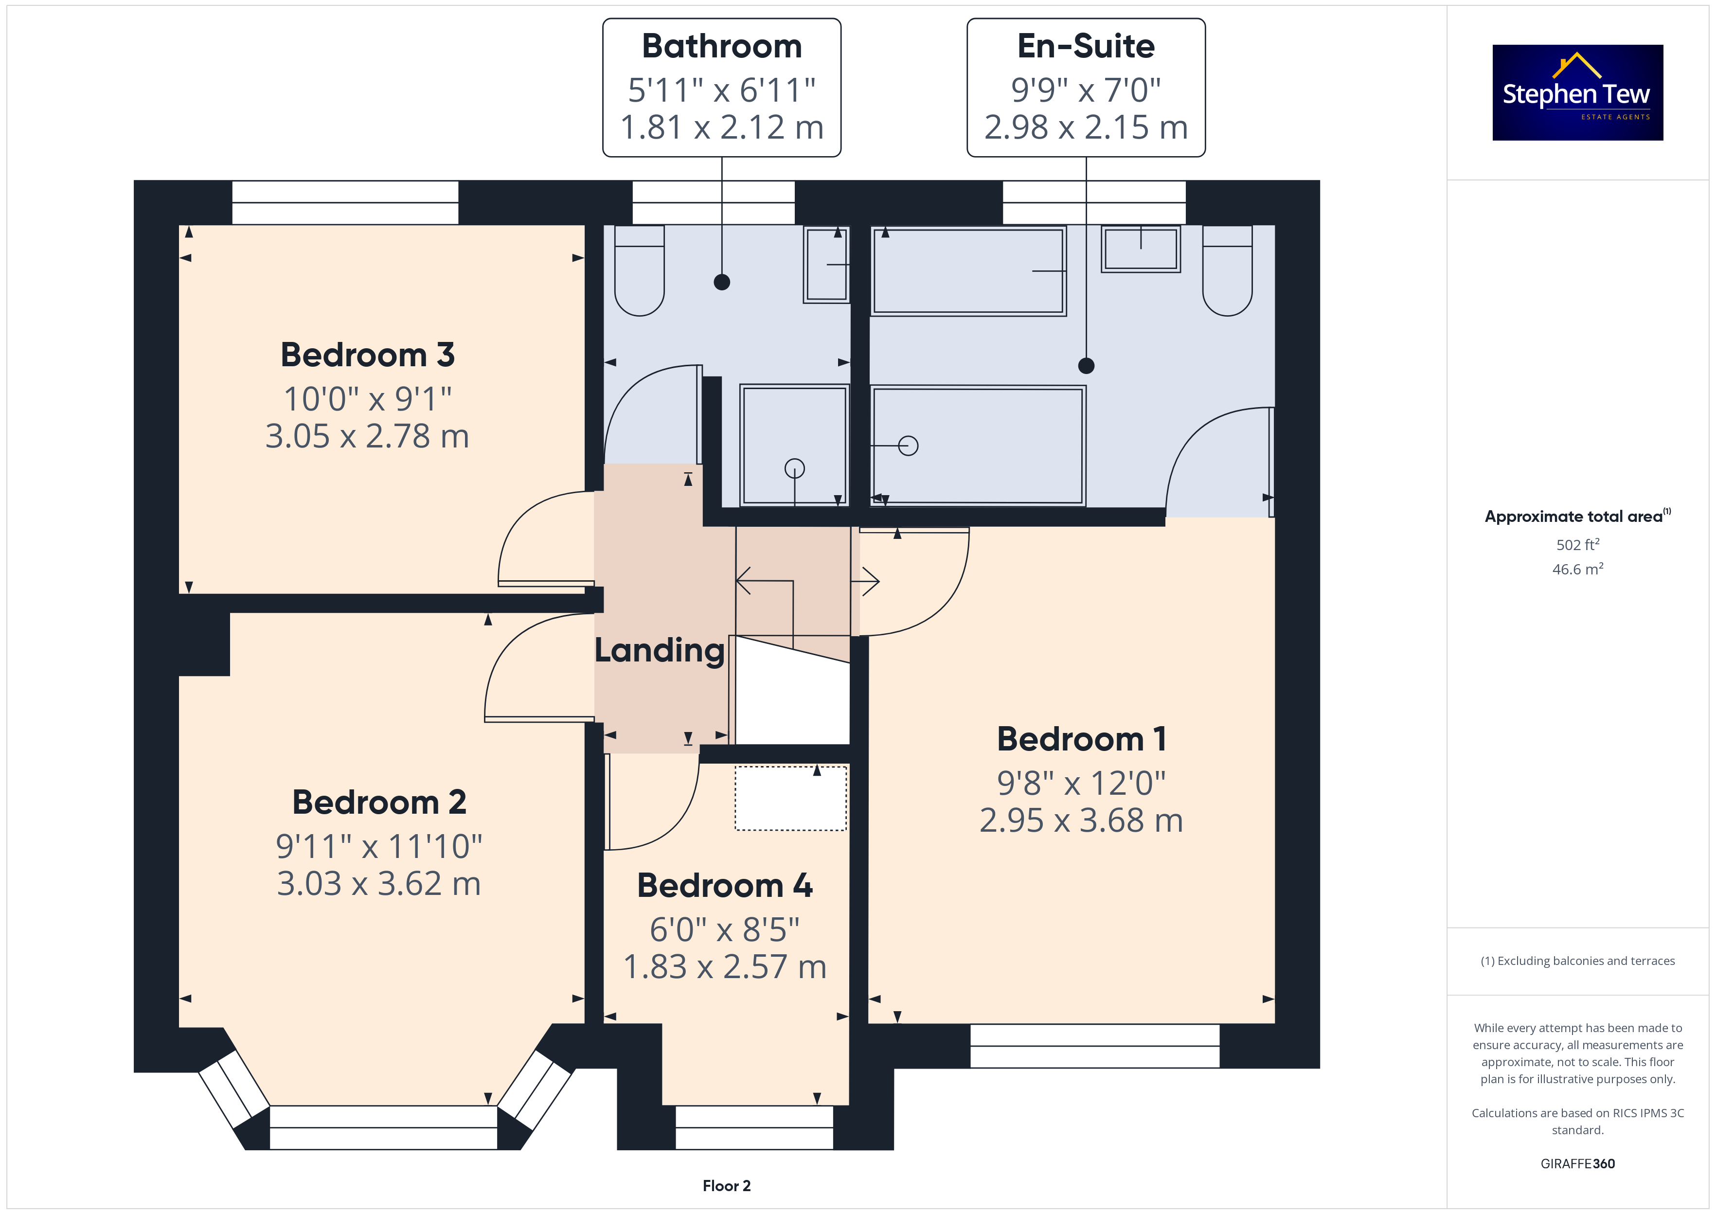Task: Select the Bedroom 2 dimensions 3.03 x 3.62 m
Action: click(378, 884)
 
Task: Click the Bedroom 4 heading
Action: click(724, 885)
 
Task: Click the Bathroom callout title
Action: click(722, 46)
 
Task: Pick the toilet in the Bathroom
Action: click(639, 270)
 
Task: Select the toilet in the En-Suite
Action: click(1227, 270)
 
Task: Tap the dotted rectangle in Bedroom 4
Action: click(791, 798)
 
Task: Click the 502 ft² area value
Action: click(1578, 544)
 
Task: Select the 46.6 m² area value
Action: click(1578, 569)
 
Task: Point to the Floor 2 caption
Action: click(727, 1186)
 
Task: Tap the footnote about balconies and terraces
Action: click(1578, 961)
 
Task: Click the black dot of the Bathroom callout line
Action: click(722, 282)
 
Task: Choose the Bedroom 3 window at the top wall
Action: click(345, 203)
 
